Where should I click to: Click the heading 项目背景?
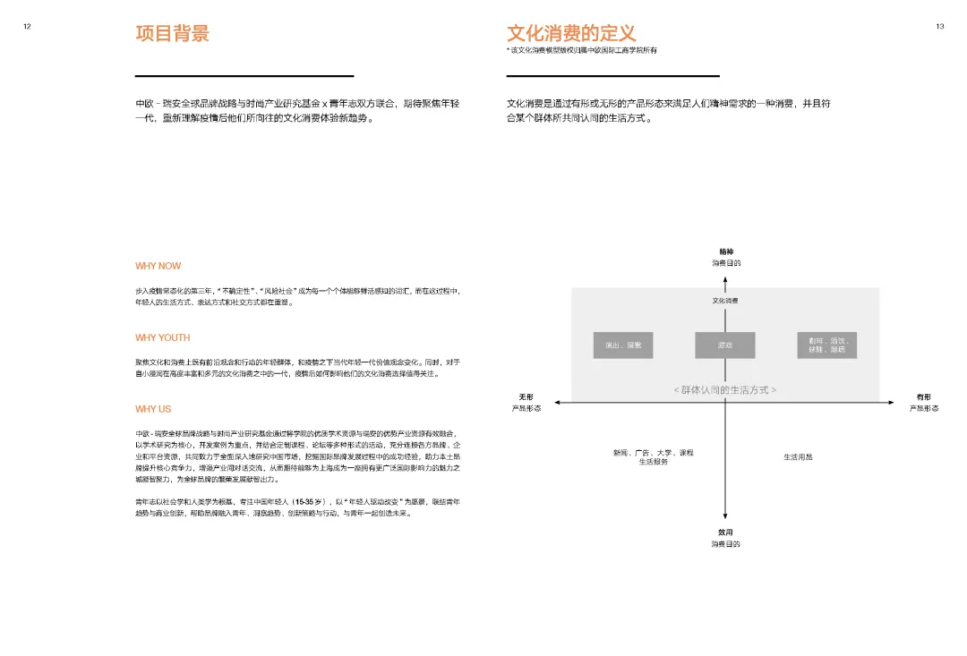click(172, 34)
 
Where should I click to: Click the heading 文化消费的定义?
click(571, 34)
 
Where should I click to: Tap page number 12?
click(27, 26)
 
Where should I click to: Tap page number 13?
click(940, 26)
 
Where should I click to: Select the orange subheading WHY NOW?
click(158, 266)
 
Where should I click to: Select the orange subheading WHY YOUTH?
click(163, 337)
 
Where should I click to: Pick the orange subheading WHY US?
click(153, 409)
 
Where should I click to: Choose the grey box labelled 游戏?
click(724, 345)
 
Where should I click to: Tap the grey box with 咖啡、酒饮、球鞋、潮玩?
click(826, 345)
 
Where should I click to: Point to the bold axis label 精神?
click(725, 251)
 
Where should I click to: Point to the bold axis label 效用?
click(725, 532)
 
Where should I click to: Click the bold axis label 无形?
click(526, 396)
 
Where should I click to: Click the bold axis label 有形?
click(923, 396)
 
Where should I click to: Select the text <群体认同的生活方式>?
click(724, 390)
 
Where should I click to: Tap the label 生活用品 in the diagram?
click(798, 457)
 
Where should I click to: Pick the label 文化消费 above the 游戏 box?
click(725, 301)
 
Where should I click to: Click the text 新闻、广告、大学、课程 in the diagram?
click(653, 453)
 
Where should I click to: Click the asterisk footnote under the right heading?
click(581, 50)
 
